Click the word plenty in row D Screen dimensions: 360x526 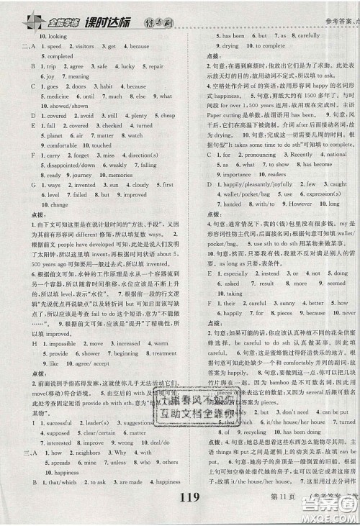[x=138, y=115]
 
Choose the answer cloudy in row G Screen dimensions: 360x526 [x=140, y=184]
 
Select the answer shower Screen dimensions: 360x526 [x=90, y=354]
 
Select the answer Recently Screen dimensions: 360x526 [x=282, y=154]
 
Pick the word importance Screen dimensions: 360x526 [x=237, y=174]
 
